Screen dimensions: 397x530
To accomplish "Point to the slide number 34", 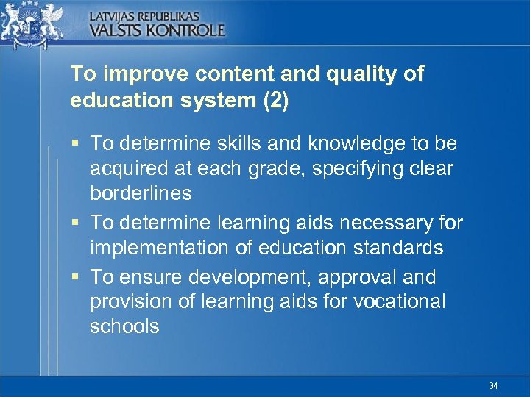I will pos(492,385).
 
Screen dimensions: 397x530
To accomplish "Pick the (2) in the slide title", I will pos(275,100).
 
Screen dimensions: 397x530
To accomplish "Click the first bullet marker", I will pos(75,143).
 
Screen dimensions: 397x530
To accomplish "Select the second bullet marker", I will pos(75,223).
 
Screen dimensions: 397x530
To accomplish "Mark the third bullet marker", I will pos(75,277).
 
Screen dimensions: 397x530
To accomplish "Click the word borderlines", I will pos(141,193).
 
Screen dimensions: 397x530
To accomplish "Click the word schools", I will pos(124,326).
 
